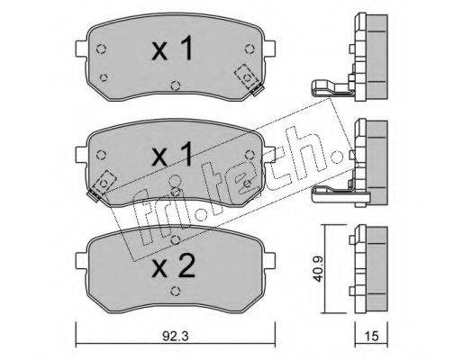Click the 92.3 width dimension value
(x=176, y=336)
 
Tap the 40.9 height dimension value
(x=318, y=269)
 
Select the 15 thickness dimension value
(x=371, y=336)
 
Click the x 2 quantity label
(x=173, y=265)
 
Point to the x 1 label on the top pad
(x=172, y=48)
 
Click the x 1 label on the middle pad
(x=172, y=154)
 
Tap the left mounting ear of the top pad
(x=81, y=49)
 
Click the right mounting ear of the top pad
(x=269, y=49)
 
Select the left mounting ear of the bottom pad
(x=81, y=261)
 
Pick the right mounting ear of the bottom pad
(x=269, y=261)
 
